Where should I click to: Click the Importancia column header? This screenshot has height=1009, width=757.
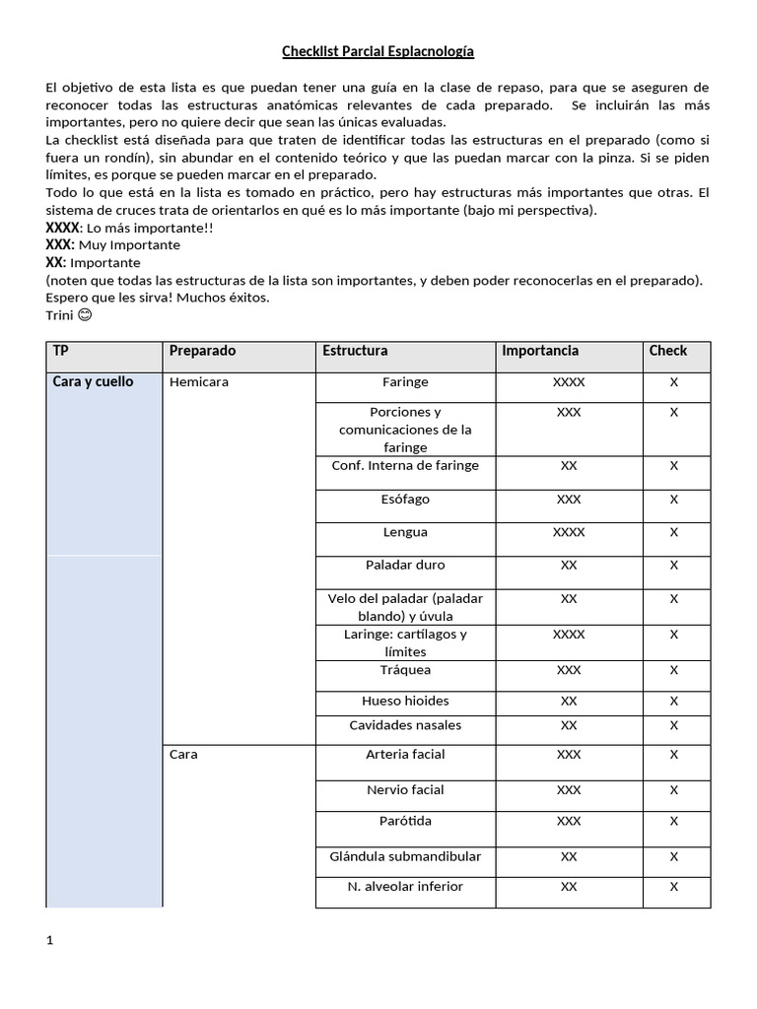click(539, 351)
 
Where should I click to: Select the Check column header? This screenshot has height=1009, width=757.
click(667, 351)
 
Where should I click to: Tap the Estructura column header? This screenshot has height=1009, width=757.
click(355, 351)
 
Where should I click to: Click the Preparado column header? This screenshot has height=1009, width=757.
click(202, 351)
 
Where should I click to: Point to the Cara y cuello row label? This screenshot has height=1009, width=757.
click(93, 381)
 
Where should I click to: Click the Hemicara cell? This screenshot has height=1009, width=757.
click(198, 381)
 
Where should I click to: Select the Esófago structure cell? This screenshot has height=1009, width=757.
click(405, 500)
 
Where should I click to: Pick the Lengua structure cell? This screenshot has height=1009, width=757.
click(405, 532)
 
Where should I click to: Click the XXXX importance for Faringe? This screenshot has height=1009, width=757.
click(569, 381)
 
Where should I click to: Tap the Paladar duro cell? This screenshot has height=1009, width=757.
click(405, 565)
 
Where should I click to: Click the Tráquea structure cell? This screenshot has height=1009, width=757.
click(405, 670)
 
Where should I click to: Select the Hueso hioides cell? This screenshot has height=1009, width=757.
click(405, 701)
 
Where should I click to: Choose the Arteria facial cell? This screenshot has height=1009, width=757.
click(405, 754)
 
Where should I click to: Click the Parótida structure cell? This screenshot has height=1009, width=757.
click(405, 821)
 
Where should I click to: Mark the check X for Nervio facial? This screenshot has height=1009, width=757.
click(674, 789)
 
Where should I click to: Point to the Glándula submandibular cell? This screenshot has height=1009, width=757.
click(405, 856)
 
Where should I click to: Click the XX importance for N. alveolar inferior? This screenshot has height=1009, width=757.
click(569, 886)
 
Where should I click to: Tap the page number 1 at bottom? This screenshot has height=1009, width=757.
click(50, 940)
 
